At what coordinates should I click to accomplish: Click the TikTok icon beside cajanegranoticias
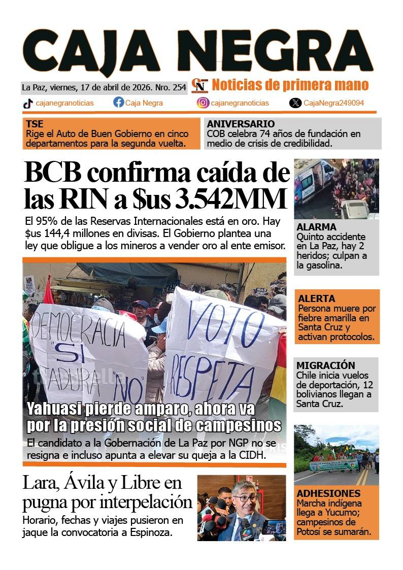coord(28,103)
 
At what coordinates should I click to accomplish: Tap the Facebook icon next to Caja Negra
coord(118,103)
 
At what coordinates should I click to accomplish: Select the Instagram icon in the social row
coord(203,103)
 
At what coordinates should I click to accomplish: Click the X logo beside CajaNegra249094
coord(295,103)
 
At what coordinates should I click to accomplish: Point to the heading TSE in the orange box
coord(35,124)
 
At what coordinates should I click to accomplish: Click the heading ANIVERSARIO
coord(241,124)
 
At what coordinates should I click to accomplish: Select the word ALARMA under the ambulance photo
coord(316,227)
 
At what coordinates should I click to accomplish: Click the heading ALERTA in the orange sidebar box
coord(317,298)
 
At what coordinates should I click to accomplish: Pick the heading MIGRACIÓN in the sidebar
coord(326,365)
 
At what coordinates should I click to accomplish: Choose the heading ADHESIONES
coord(328,493)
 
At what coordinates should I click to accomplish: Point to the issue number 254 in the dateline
coord(179,87)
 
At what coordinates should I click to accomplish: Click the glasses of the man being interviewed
coord(246,498)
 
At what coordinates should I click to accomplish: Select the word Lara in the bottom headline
coord(38,483)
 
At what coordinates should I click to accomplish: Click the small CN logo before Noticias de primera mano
coord(200,85)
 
